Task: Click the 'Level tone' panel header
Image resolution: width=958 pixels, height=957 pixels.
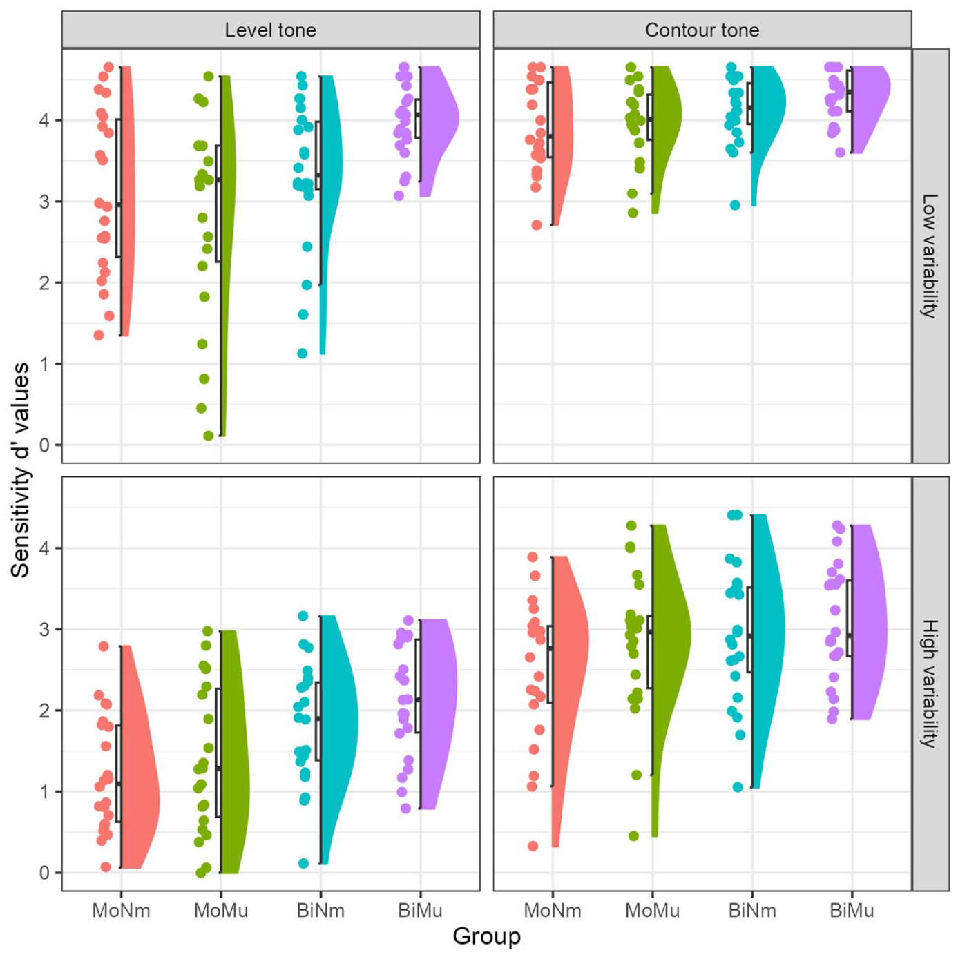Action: [271, 30]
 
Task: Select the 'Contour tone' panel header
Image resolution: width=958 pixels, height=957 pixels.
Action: [702, 30]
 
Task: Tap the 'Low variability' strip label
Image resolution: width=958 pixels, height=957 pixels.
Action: [930, 255]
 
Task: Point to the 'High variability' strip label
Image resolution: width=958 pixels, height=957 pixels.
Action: [930, 683]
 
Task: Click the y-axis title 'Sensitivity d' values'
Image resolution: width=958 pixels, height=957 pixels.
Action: [21, 470]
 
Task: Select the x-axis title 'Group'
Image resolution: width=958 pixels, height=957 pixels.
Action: [487, 936]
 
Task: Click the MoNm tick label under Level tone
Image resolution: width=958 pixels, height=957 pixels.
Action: [121, 910]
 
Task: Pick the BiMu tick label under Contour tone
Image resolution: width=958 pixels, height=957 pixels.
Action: [852, 910]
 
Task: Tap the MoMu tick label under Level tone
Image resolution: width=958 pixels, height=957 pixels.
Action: [221, 910]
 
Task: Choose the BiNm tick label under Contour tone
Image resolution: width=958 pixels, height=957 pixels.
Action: [752, 910]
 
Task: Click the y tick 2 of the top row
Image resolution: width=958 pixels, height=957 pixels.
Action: [44, 283]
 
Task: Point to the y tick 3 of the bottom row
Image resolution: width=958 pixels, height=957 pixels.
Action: [44, 630]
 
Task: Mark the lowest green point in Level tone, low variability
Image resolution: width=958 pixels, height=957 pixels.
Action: [209, 436]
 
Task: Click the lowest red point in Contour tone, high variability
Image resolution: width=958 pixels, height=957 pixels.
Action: [533, 846]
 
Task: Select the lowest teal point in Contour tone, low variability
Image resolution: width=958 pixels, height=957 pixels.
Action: [736, 205]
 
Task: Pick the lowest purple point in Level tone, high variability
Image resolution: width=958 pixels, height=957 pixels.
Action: [406, 809]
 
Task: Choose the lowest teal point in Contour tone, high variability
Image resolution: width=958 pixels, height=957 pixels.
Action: [738, 787]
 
